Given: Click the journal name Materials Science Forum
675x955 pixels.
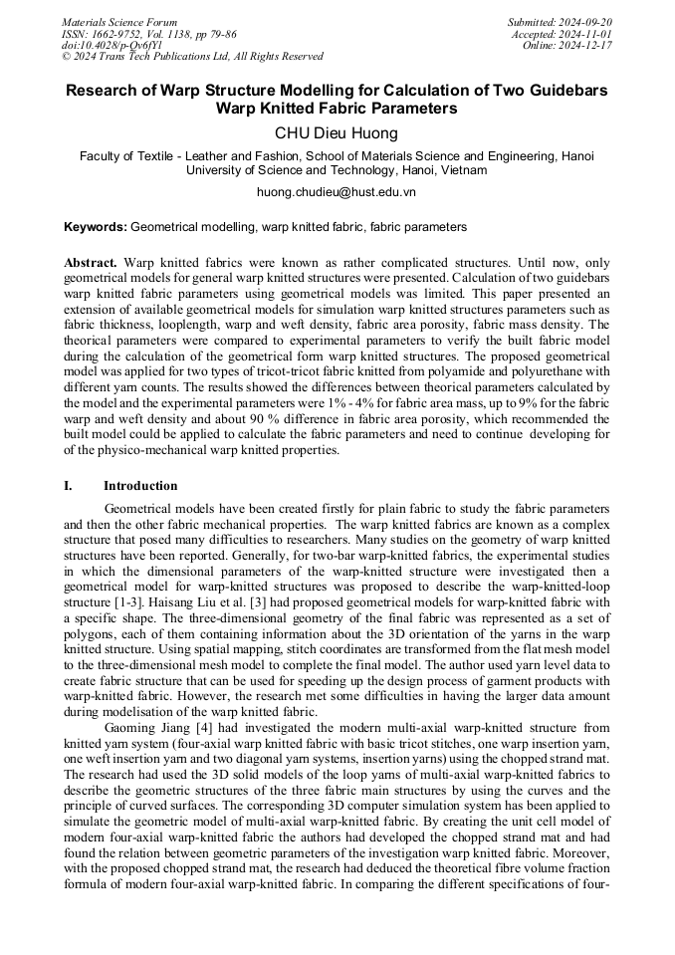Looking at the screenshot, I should pos(119,22).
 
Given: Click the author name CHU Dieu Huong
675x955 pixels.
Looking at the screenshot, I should pos(337,132).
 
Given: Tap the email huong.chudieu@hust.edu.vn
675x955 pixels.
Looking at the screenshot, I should pos(337,191).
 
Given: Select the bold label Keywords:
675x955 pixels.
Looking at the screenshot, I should pos(96,227).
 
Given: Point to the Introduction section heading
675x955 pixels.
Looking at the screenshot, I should pos(140,486).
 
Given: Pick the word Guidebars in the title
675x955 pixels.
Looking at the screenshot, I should pos(558,90).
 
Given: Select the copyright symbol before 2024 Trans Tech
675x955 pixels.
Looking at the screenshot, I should pos(67,57).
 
